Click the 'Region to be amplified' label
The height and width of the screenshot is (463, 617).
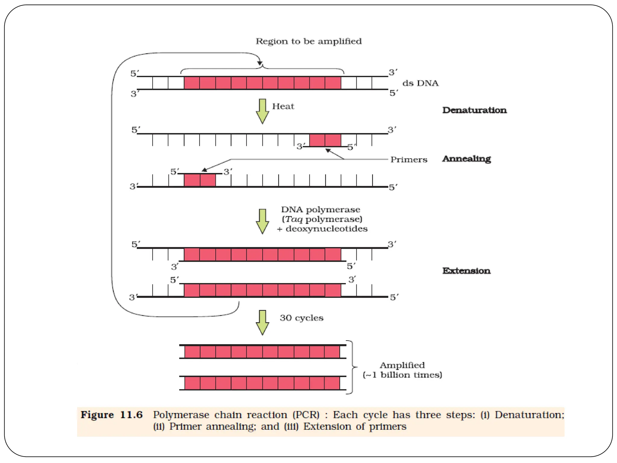click(308, 41)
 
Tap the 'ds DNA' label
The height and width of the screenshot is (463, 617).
click(420, 83)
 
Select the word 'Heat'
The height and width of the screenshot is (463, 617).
click(283, 106)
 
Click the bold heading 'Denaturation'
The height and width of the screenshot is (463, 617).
click(474, 110)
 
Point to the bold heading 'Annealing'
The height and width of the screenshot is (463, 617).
click(466, 159)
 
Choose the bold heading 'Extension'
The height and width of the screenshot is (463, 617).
click(466, 271)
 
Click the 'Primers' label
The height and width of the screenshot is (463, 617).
click(409, 159)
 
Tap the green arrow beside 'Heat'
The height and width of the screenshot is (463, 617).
click(262, 111)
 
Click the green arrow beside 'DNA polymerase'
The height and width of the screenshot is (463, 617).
click(262, 221)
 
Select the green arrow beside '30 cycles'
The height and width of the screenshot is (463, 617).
click(262, 323)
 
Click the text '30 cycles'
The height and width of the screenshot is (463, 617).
click(302, 318)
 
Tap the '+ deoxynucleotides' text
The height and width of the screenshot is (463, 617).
click(322, 229)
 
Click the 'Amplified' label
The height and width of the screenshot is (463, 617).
click(402, 365)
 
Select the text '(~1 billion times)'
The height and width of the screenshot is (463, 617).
click(402, 375)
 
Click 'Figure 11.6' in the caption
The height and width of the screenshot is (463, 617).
click(111, 415)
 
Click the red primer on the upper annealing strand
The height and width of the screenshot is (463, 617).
click(325, 140)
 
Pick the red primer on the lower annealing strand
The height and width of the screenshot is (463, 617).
click(200, 180)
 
